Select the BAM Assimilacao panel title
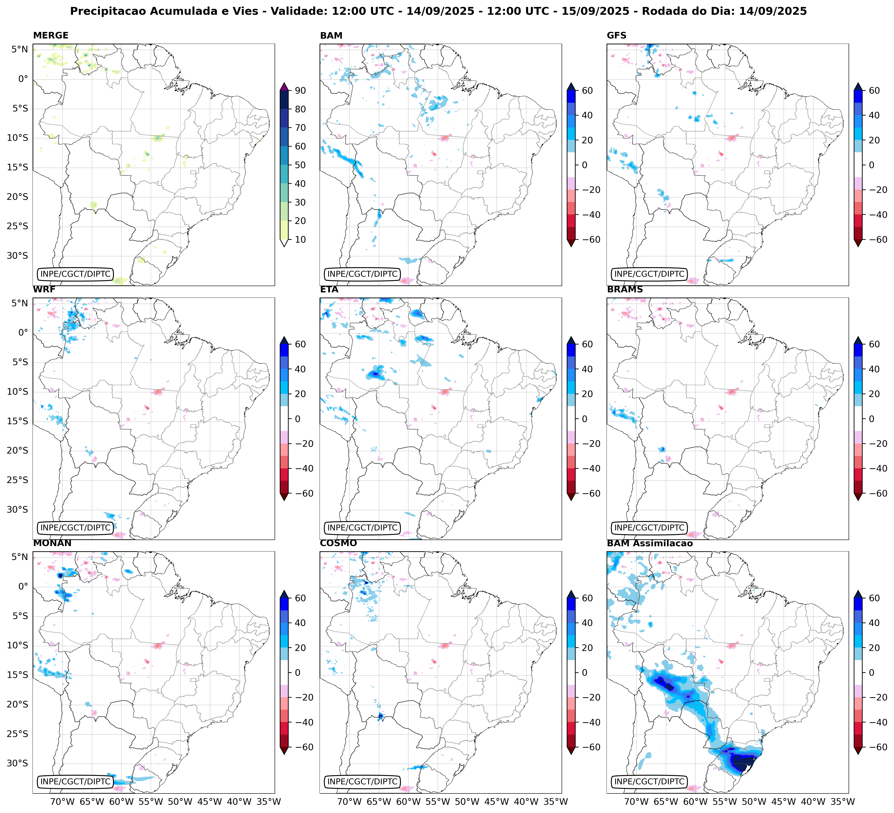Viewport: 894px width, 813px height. click(650, 543)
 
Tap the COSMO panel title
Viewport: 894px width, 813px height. click(338, 543)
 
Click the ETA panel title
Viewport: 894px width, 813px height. click(329, 290)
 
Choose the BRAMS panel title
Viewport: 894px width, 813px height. click(625, 290)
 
